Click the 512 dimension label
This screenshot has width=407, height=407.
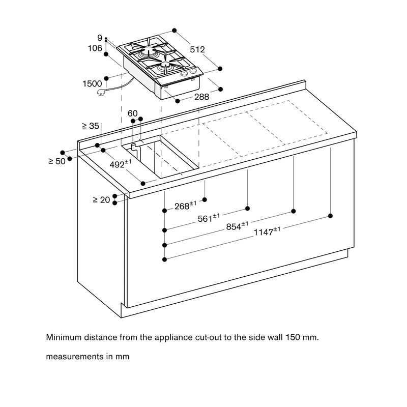click(197, 49)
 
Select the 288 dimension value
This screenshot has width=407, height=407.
click(201, 97)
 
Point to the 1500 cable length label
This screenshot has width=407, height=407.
click(92, 83)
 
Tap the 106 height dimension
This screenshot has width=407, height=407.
click(95, 48)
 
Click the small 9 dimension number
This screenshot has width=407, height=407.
click(100, 38)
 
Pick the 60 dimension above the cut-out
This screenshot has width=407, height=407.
click(133, 113)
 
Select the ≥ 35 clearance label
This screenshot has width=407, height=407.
click(91, 126)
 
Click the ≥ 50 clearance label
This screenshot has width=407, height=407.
click(57, 161)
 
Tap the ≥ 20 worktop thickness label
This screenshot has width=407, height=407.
click(101, 200)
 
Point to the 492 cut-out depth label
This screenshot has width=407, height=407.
click(121, 164)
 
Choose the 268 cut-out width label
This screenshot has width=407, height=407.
click(185, 206)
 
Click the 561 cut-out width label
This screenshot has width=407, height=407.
click(209, 218)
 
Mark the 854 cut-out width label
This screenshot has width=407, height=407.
click(237, 226)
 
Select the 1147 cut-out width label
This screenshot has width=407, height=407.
click(267, 231)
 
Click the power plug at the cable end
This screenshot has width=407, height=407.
click(101, 92)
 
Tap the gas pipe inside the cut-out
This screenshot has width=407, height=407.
click(135, 153)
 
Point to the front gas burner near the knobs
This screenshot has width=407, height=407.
click(165, 66)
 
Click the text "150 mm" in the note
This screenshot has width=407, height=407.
click(302, 337)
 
